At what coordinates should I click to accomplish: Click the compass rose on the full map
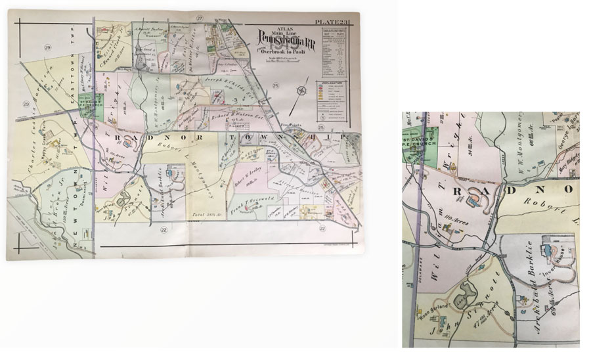coord(301,91)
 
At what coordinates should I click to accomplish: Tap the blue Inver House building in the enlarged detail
coord(546,250)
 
